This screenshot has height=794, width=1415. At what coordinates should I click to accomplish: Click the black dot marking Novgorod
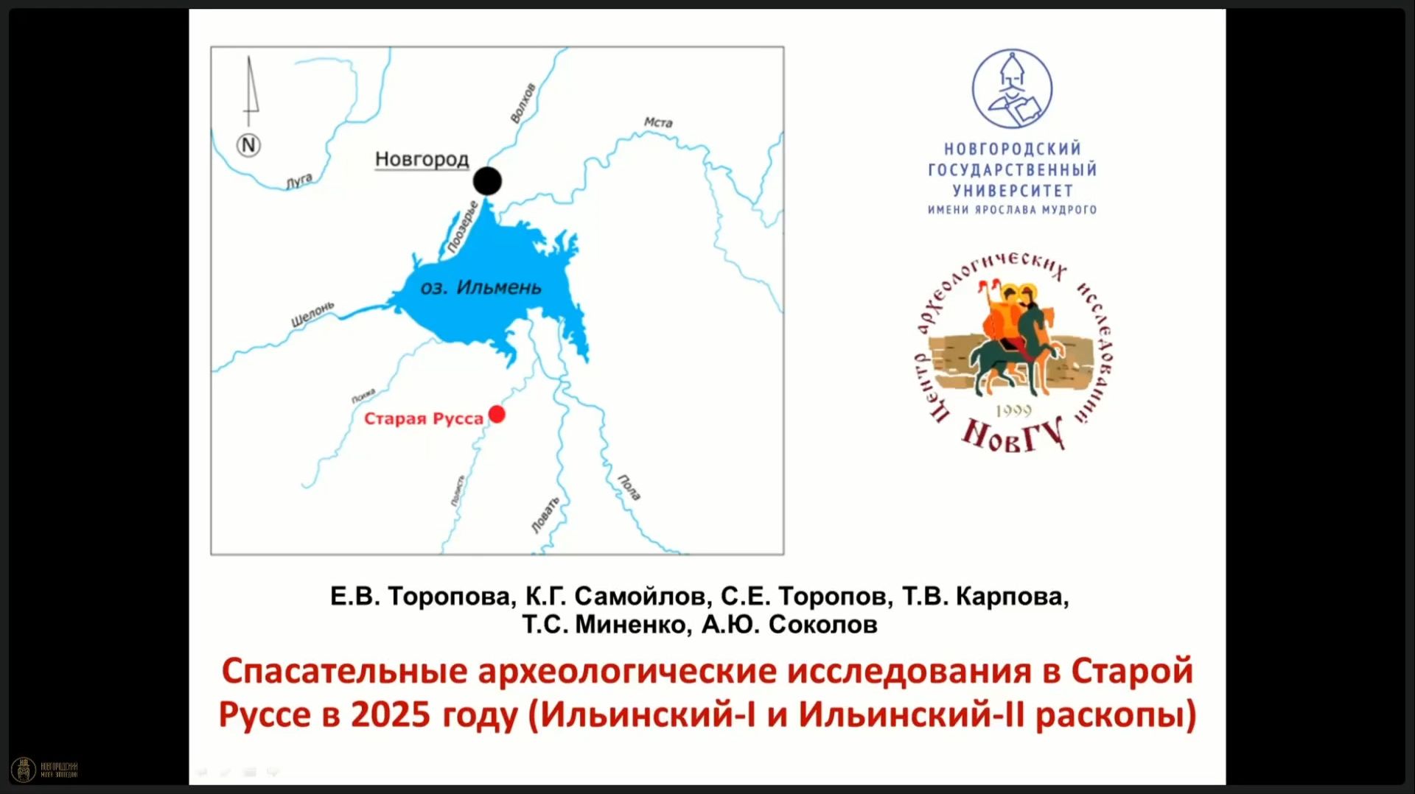pyautogui.click(x=487, y=180)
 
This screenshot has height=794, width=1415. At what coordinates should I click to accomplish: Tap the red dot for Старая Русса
pyautogui.click(x=497, y=415)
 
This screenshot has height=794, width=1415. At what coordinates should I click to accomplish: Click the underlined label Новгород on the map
pyautogui.click(x=422, y=159)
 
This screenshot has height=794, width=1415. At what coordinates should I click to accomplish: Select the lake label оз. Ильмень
pyautogui.click(x=481, y=287)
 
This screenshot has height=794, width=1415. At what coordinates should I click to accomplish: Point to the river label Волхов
pyautogui.click(x=523, y=103)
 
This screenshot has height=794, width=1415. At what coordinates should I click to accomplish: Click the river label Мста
pyautogui.click(x=658, y=122)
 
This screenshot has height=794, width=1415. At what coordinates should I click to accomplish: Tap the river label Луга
pyautogui.click(x=299, y=180)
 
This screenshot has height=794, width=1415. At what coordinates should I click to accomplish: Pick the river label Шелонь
pyautogui.click(x=312, y=314)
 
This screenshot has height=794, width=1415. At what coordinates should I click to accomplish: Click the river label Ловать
pyautogui.click(x=545, y=515)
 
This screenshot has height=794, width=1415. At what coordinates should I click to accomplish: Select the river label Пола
pyautogui.click(x=629, y=488)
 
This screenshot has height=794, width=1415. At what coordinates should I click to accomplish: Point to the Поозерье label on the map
pyautogui.click(x=463, y=228)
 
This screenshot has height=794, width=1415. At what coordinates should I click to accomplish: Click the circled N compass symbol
pyautogui.click(x=249, y=145)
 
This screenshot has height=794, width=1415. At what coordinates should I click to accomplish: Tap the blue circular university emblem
pyautogui.click(x=1012, y=89)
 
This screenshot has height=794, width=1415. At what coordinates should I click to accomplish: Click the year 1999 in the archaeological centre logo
pyautogui.click(x=1013, y=411)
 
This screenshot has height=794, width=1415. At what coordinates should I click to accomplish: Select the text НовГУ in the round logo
pyautogui.click(x=1013, y=435)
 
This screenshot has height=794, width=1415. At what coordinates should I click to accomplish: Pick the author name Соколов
pyautogui.click(x=822, y=625)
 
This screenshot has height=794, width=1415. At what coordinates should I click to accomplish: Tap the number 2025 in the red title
pyautogui.click(x=390, y=714)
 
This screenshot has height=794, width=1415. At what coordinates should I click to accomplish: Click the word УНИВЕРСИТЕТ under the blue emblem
pyautogui.click(x=1012, y=191)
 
